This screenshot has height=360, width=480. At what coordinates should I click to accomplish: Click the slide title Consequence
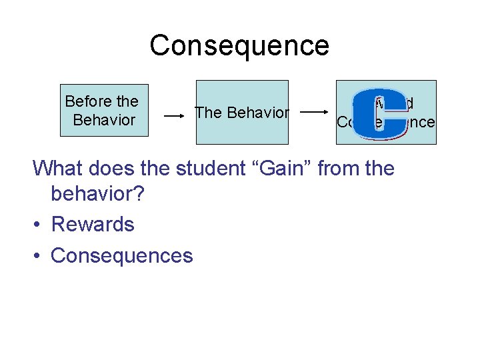[239, 46]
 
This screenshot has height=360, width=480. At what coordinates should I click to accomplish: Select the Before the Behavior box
[104, 111]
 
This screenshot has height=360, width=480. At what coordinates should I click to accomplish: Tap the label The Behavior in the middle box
[242, 113]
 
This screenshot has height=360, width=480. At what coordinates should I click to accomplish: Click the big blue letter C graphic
[379, 114]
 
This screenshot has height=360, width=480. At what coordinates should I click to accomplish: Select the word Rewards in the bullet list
[93, 224]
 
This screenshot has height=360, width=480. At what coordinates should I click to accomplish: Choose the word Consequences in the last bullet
[121, 255]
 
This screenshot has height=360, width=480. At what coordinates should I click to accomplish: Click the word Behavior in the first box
[104, 120]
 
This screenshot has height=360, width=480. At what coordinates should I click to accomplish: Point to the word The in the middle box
[208, 113]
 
